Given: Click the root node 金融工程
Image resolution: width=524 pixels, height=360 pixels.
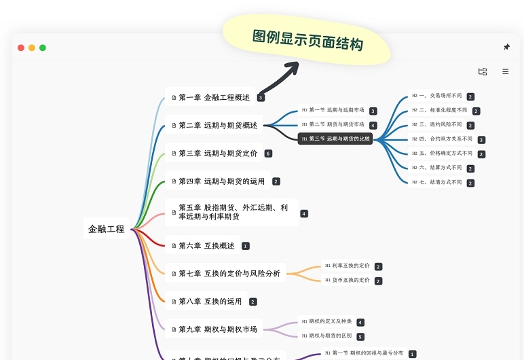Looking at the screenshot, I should pyautogui.click(x=106, y=229).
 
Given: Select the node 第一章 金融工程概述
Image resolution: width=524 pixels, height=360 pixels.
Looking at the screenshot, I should pyautogui.click(x=210, y=97).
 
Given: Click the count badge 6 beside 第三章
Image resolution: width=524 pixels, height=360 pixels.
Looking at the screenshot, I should pyautogui.click(x=268, y=154).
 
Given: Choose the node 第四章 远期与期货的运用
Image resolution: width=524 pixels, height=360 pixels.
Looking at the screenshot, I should pyautogui.click(x=217, y=181).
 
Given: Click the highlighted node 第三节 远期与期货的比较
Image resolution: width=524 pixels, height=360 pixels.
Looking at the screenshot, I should pyautogui.click(x=336, y=139).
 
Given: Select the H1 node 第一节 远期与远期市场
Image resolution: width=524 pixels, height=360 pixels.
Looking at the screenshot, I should pyautogui.click(x=333, y=110).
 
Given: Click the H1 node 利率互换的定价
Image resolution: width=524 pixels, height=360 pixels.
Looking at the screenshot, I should pyautogui.click(x=347, y=266).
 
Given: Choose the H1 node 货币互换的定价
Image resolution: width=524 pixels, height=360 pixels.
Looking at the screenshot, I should pyautogui.click(x=347, y=280).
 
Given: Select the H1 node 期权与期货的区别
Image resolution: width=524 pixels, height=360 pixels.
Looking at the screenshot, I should pyautogui.click(x=326, y=336).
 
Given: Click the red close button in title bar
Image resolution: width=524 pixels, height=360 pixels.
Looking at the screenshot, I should pyautogui.click(x=21, y=48).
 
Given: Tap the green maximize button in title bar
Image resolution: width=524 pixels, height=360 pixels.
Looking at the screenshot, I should pyautogui.click(x=43, y=48).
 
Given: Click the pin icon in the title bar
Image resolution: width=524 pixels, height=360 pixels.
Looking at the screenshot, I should pyautogui.click(x=506, y=47).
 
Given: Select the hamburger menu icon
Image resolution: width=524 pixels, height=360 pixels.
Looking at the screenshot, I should pyautogui.click(x=506, y=71).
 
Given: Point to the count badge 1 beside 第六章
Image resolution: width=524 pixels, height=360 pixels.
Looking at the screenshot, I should pyautogui.click(x=246, y=246).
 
